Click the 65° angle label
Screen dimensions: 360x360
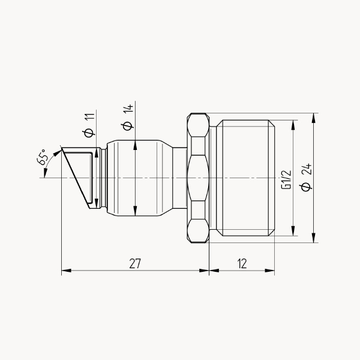coord(43,157)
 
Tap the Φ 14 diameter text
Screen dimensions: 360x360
coord(128,118)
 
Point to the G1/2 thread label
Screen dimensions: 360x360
coord(287,180)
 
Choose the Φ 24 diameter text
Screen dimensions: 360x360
coord(307,177)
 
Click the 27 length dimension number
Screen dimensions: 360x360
coord(135,263)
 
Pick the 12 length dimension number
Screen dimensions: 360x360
coord(242,263)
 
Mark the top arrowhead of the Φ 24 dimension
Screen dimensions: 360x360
coord(314,118)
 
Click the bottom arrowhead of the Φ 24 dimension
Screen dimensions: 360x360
coord(314,238)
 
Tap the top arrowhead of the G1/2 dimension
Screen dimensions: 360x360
coord(293,125)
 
